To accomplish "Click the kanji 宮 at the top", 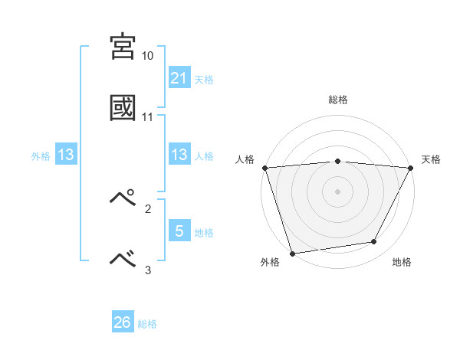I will [123, 47].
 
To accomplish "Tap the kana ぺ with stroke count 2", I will [123, 198].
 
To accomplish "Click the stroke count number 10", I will [148, 57].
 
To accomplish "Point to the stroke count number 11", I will [148, 117].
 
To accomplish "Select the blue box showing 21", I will [179, 78].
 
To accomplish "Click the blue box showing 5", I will [179, 231].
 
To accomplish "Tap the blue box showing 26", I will [123, 322].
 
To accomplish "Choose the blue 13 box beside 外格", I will [66, 155].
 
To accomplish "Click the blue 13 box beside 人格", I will [179, 155].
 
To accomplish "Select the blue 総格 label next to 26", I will [147, 324].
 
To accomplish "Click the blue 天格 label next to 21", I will [204, 79].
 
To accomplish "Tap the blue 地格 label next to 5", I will [204, 232].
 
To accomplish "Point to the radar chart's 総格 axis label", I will [338, 100].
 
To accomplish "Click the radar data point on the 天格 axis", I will [411, 168].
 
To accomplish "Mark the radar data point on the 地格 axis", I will [374, 242].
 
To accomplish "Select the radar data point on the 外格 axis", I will [292, 253].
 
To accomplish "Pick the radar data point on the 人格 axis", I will [264, 168].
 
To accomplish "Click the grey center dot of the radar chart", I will [338, 191].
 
